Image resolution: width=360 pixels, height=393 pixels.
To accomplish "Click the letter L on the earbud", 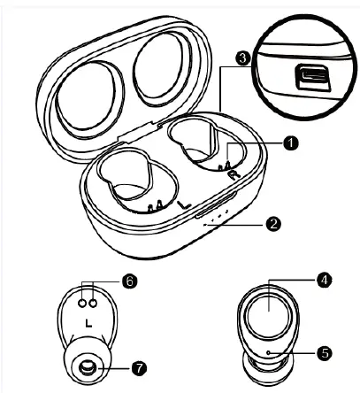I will tap(88, 322).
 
